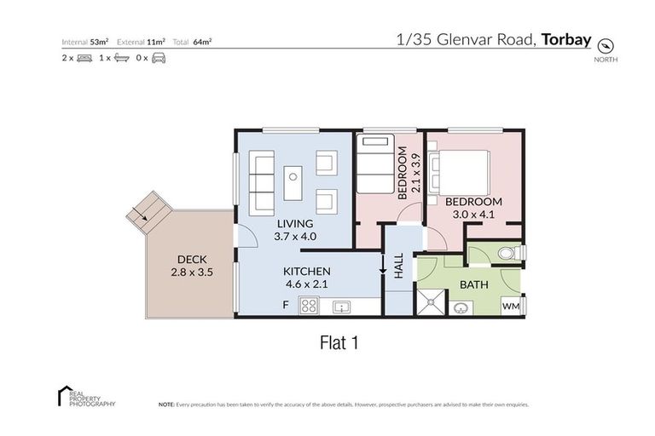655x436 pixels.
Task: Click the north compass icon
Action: pyautogui.click(x=606, y=45)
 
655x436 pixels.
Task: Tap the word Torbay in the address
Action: pyautogui.click(x=566, y=39)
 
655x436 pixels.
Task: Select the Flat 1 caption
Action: pyautogui.click(x=337, y=343)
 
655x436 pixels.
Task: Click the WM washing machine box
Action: pyautogui.click(x=512, y=305)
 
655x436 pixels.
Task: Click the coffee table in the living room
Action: pyautogui.click(x=293, y=179)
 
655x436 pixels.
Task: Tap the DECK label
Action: pyautogui.click(x=191, y=260)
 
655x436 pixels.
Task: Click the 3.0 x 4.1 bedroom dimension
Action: pyautogui.click(x=473, y=215)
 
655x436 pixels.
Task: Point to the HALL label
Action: pyautogui.click(x=399, y=267)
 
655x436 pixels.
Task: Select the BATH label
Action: pyautogui.click(x=473, y=284)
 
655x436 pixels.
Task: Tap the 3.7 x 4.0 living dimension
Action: pyautogui.click(x=295, y=236)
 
